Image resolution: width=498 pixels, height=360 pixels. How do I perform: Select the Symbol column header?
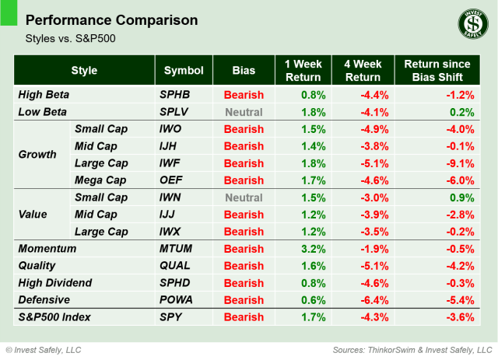click(184, 71)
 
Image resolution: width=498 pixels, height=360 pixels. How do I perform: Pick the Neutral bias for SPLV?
click(244, 112)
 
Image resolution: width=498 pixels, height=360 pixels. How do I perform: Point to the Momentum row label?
click(48, 249)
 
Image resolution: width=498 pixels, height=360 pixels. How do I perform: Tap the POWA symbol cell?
click(176, 299)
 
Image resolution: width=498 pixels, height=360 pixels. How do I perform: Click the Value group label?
click(33, 215)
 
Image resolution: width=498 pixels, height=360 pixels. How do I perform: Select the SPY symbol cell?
click(170, 317)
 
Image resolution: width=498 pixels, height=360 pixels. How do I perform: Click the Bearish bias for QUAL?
click(244, 266)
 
